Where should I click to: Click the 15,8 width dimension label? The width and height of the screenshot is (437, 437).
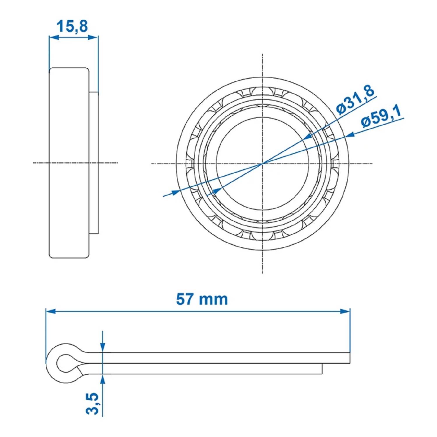click(72, 26)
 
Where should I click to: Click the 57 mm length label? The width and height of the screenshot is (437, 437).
click(202, 299)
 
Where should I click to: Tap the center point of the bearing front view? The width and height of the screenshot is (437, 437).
click(262, 163)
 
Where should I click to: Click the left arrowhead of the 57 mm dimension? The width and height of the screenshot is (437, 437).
click(51, 311)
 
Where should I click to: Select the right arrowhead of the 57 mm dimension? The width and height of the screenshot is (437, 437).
click(345, 311)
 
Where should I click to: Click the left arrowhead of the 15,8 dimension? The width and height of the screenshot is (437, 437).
click(54, 37)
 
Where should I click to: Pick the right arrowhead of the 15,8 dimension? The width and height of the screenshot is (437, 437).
click(93, 37)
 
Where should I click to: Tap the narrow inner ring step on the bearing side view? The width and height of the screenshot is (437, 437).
click(94, 163)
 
